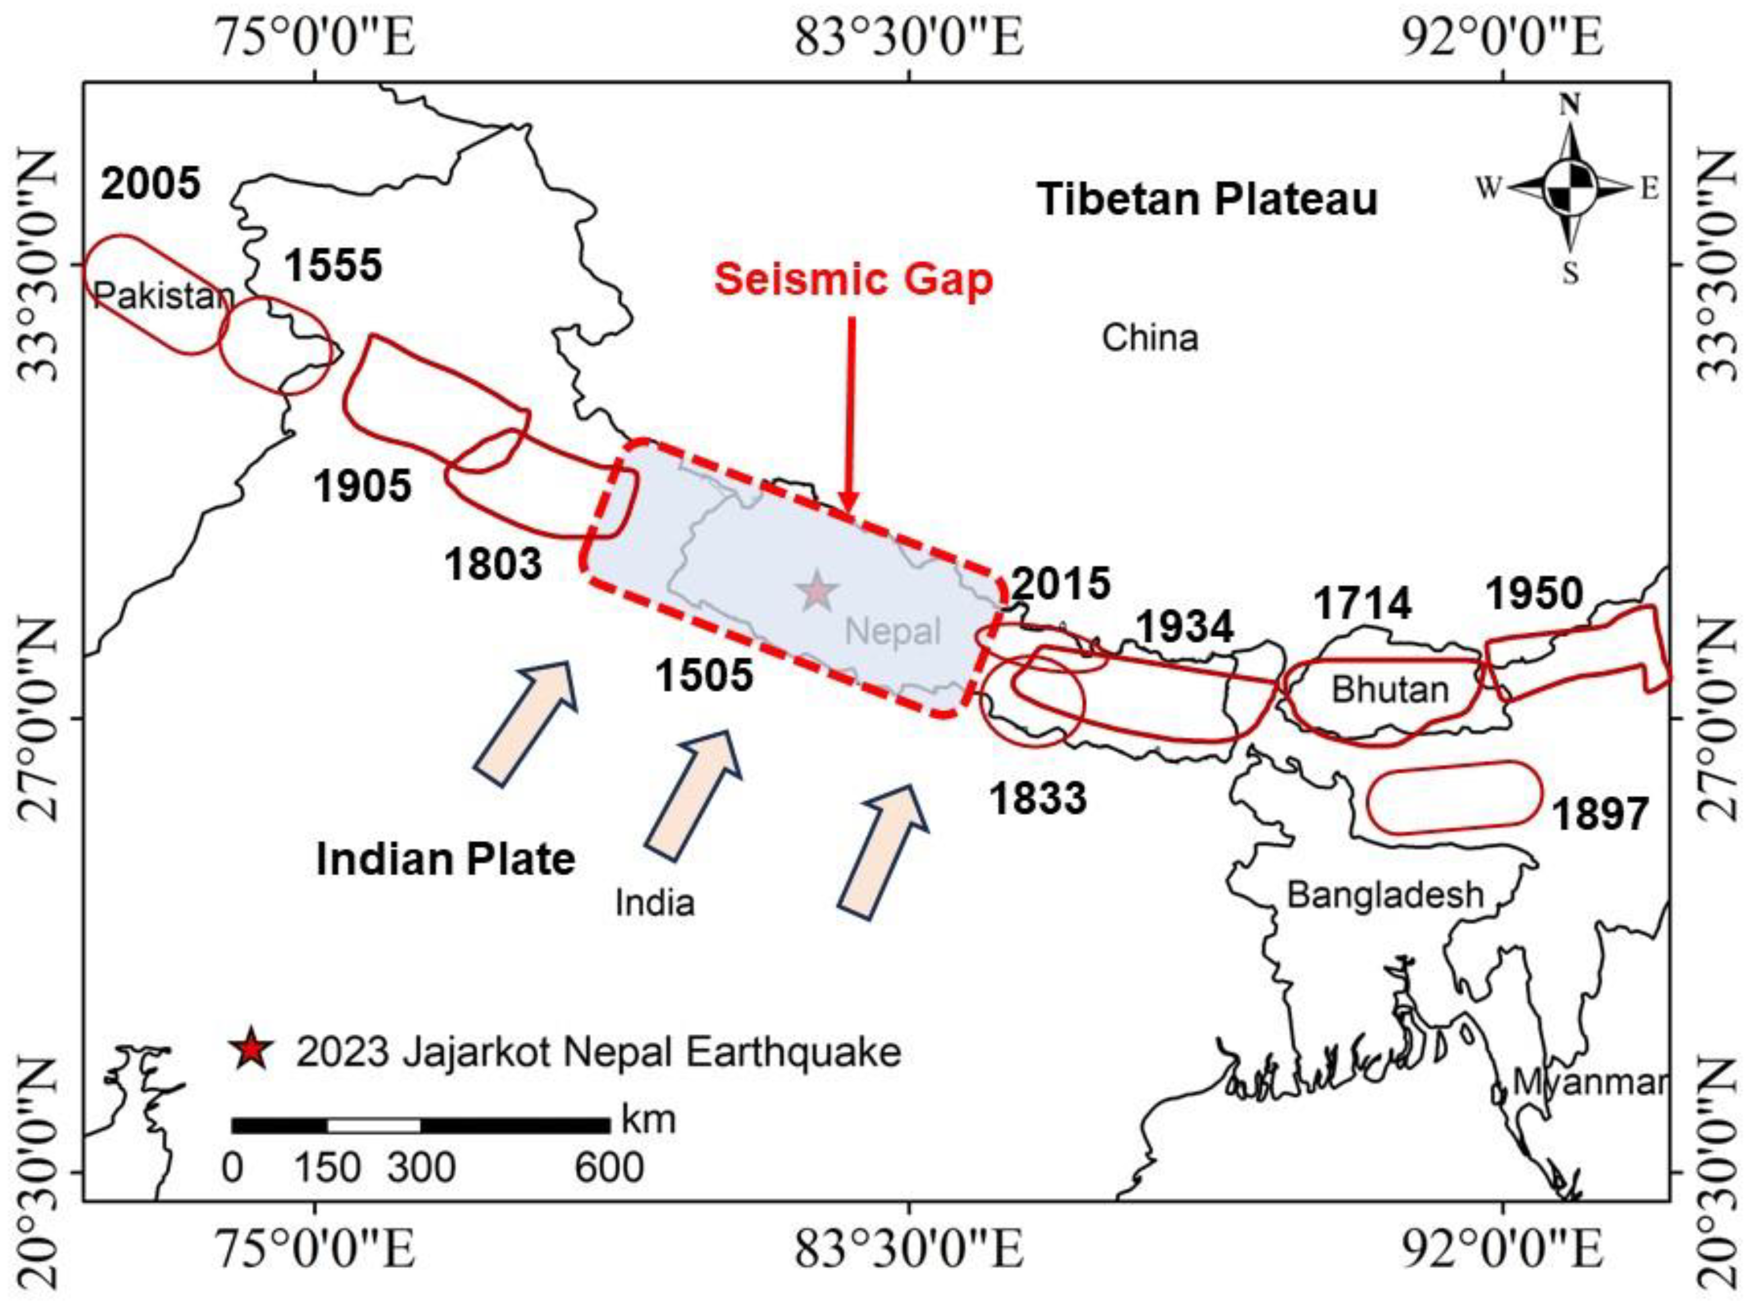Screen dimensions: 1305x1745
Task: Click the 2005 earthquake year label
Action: point(151,185)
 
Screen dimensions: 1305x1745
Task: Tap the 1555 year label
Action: point(333,265)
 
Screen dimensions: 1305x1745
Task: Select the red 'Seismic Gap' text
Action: point(853,280)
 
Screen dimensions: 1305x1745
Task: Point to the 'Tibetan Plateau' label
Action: point(1207,199)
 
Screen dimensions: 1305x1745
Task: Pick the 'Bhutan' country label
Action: point(1390,690)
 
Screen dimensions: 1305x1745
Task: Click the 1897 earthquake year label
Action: point(1600,814)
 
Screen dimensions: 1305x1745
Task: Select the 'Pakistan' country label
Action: point(163,296)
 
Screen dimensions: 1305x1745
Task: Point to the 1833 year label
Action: point(1038,798)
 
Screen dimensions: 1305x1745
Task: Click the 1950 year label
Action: point(1534,594)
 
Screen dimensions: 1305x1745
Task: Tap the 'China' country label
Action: point(1149,338)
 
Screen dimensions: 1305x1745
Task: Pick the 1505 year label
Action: point(704,675)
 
